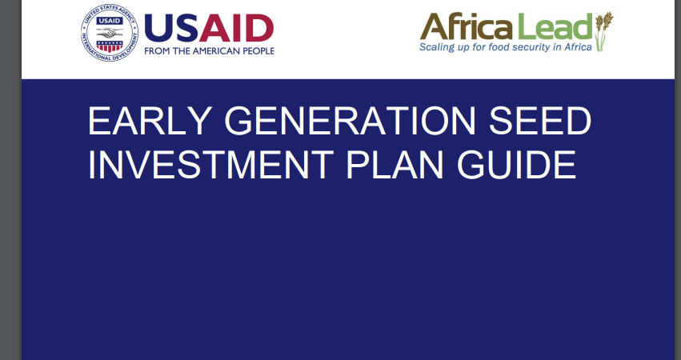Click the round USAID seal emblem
[x=110, y=33]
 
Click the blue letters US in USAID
[x=171, y=28]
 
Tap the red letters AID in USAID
[x=236, y=28]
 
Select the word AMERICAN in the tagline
[x=216, y=51]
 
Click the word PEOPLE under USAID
[x=258, y=51]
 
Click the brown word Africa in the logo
[x=467, y=26]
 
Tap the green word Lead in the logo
[x=553, y=26]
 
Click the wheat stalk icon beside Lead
[x=603, y=31]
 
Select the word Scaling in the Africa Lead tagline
[x=435, y=47]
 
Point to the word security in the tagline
[x=531, y=47]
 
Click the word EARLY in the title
[x=150, y=121]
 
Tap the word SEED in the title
[x=540, y=121]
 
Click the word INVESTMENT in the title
[x=210, y=165]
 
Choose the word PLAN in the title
[x=395, y=165]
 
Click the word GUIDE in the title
[x=516, y=165]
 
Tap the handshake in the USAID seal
[x=110, y=33]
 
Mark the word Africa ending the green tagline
[x=578, y=47]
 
